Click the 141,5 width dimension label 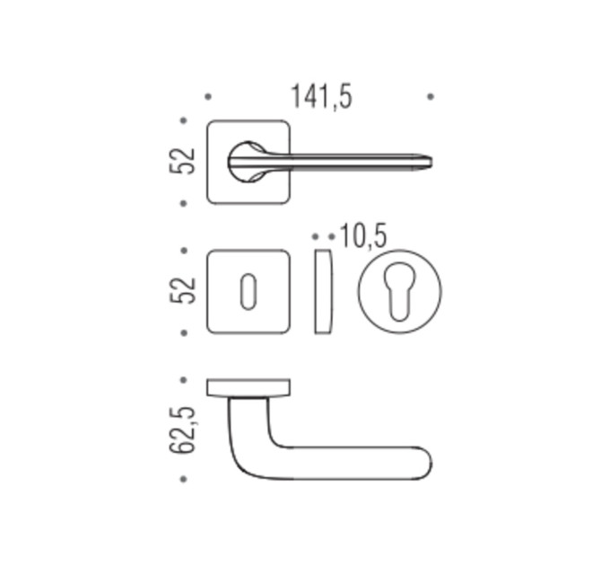(x=321, y=97)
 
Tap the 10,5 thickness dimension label (x=363, y=236)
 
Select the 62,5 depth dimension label (x=182, y=429)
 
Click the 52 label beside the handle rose (x=182, y=161)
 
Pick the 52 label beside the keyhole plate (x=182, y=290)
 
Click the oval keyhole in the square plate (x=248, y=292)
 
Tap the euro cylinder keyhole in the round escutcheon (x=399, y=293)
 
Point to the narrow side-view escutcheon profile (x=324, y=291)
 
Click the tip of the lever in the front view (x=431, y=162)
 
